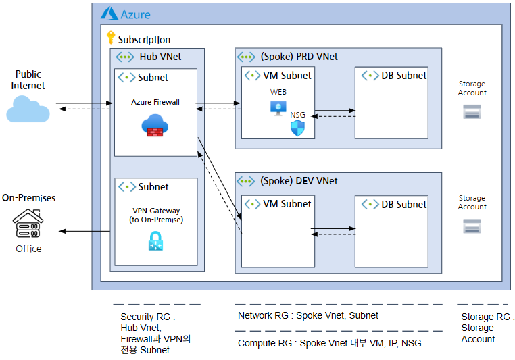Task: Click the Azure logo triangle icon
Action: (109, 14)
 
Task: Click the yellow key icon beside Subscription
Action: (111, 37)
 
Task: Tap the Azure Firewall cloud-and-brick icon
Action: (155, 125)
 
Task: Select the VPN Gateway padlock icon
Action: (155, 241)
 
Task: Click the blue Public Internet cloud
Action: (28, 109)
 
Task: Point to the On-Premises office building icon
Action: (28, 223)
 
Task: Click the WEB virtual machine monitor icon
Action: (278, 108)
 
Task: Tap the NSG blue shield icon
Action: (297, 128)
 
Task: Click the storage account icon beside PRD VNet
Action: (472, 111)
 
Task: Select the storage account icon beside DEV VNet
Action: (472, 226)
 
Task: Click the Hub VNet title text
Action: (160, 57)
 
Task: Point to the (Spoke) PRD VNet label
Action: (299, 57)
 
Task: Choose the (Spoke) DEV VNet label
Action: (299, 181)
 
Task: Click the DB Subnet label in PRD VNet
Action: (403, 76)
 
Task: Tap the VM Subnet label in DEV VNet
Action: (287, 204)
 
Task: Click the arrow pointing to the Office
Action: (84, 232)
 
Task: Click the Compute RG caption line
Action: (329, 343)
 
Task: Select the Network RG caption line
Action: (308, 315)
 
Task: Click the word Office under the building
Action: (28, 249)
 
